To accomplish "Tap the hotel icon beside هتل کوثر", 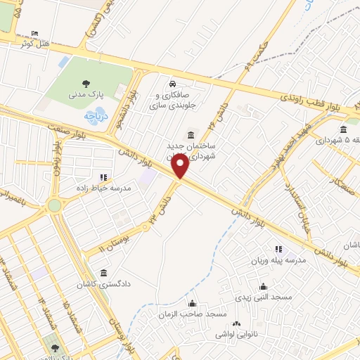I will click(x=36, y=33).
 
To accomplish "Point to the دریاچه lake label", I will click(x=95, y=115).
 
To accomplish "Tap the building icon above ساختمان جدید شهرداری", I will click(x=189, y=135).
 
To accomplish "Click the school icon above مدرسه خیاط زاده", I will click(x=103, y=178).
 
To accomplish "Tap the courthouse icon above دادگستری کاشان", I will click(x=104, y=273).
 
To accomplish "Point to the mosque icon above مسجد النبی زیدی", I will click(x=263, y=286).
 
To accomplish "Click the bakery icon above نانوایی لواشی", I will click(x=237, y=323).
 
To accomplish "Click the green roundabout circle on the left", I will click(x=54, y=205).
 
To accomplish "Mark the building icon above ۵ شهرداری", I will click(x=342, y=129).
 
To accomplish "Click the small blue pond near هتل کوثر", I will click(x=63, y=63).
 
